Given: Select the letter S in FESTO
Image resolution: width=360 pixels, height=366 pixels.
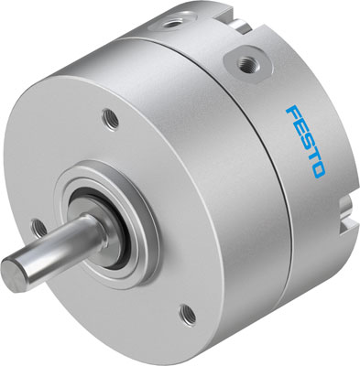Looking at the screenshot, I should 316,144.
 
